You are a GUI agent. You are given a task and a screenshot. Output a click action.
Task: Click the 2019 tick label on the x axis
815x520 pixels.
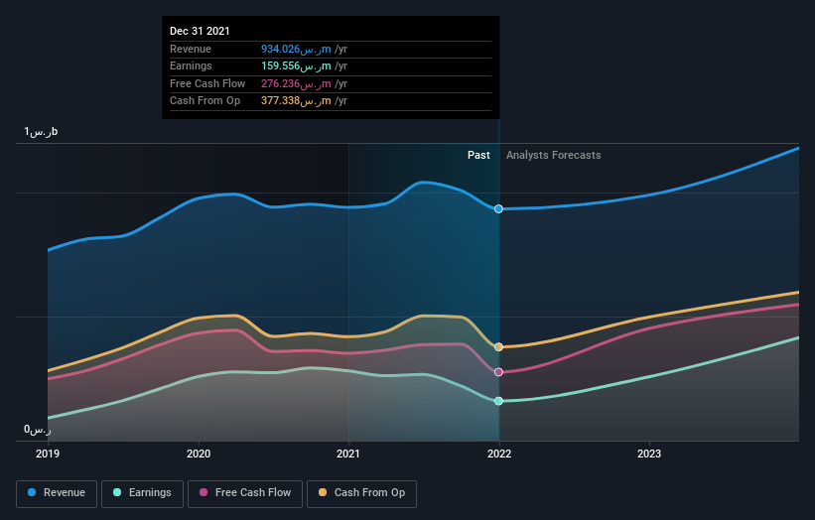click(x=48, y=453)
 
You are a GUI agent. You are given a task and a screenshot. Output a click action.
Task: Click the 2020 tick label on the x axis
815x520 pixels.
click(x=199, y=453)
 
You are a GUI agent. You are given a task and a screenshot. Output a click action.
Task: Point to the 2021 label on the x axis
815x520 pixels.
click(x=348, y=453)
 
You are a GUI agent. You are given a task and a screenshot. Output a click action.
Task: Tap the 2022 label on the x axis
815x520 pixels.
click(x=498, y=453)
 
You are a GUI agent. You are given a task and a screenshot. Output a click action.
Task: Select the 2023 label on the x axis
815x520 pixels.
click(x=649, y=453)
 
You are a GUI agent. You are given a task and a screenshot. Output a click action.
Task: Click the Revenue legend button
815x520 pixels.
click(x=57, y=493)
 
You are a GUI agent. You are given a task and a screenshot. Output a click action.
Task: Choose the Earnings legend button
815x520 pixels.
click(x=141, y=493)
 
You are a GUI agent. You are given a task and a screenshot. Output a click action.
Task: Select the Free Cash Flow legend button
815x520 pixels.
click(x=245, y=493)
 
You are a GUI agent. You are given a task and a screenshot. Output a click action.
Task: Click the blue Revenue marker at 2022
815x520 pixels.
click(x=498, y=208)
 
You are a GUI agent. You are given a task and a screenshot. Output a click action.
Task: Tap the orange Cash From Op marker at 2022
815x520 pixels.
click(x=498, y=347)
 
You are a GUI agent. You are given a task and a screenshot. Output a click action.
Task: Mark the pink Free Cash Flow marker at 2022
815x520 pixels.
click(x=498, y=372)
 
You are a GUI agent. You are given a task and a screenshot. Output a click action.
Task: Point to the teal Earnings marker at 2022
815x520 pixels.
click(x=498, y=401)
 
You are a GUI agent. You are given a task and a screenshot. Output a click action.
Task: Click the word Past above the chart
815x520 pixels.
click(x=478, y=155)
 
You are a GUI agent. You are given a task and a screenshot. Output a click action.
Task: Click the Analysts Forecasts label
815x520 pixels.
click(x=553, y=155)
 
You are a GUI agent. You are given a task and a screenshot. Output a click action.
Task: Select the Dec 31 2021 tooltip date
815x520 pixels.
click(x=200, y=31)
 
